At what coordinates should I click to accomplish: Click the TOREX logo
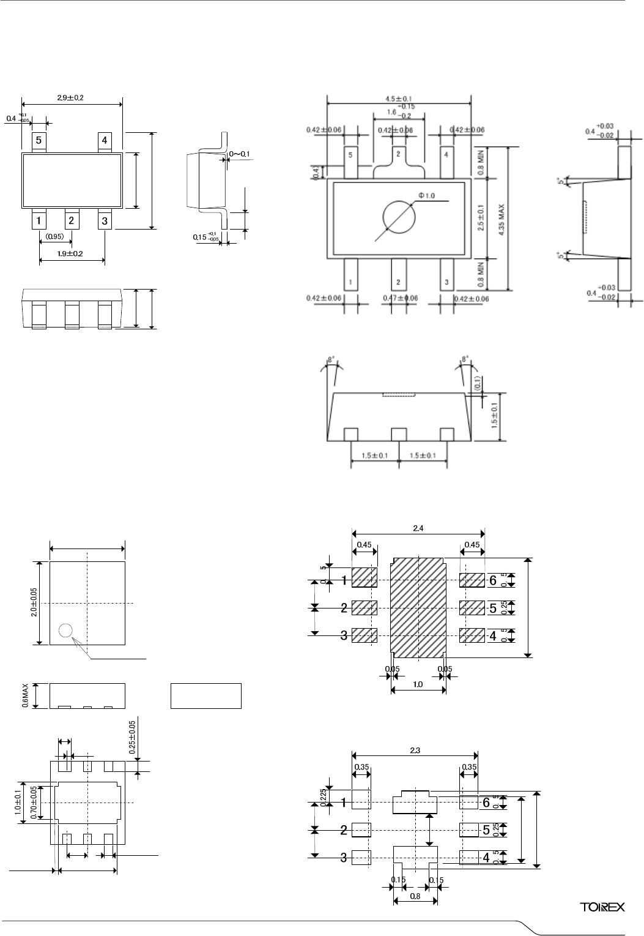602,907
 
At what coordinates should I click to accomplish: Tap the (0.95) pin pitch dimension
55,236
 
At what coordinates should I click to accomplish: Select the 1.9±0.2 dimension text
71,253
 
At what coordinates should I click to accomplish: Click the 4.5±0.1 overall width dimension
399,98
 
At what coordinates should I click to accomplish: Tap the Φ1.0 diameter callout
426,195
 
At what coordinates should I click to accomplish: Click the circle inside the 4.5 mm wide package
399,217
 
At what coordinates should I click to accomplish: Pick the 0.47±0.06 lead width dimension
399,298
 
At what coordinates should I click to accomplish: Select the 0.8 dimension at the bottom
415,896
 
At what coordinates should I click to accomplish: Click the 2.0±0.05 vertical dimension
34,603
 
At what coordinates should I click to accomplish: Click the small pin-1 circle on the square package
65,630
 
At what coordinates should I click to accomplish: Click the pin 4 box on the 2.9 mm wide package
105,141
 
